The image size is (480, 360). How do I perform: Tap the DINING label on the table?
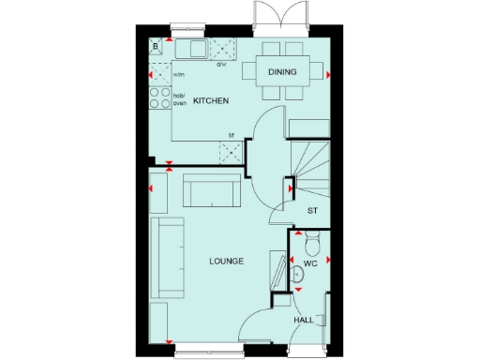tap(282, 72)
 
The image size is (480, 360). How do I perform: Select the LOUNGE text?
tap(227, 261)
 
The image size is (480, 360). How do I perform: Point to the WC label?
tap(311, 265)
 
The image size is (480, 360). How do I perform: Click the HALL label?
tap(304, 320)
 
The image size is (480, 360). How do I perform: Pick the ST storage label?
tap(311, 212)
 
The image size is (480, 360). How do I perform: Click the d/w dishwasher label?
tap(222, 65)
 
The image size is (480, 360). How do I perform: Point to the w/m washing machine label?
tap(179, 74)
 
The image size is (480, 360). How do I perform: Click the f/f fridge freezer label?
tap(232, 136)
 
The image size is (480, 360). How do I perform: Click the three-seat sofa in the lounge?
tap(170, 256)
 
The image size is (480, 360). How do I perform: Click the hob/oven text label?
tap(180, 98)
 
